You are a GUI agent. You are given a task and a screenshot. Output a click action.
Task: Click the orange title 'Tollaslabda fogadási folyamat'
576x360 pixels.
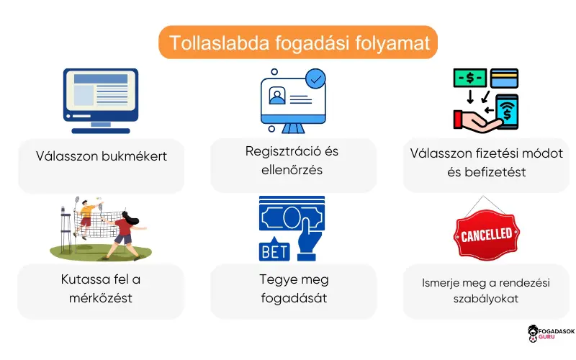pyautogui.click(x=298, y=42)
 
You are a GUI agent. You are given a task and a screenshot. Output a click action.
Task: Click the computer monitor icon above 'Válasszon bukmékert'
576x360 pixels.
pyautogui.click(x=101, y=99)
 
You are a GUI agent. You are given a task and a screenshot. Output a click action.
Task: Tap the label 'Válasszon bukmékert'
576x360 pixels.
pyautogui.click(x=102, y=156)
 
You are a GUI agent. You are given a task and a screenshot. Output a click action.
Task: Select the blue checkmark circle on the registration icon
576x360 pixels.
pyautogui.click(x=315, y=76)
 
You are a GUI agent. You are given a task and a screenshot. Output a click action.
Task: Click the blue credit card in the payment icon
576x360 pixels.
pyautogui.click(x=504, y=78)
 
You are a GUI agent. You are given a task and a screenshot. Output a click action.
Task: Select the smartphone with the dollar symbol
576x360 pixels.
pyautogui.click(x=507, y=112)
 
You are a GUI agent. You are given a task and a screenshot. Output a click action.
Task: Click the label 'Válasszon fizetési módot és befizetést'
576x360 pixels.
pyautogui.click(x=487, y=163)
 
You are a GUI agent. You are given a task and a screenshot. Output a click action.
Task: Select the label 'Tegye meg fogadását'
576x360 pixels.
pyautogui.click(x=293, y=287)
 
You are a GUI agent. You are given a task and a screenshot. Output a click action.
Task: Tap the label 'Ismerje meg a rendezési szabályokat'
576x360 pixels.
pyautogui.click(x=487, y=290)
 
